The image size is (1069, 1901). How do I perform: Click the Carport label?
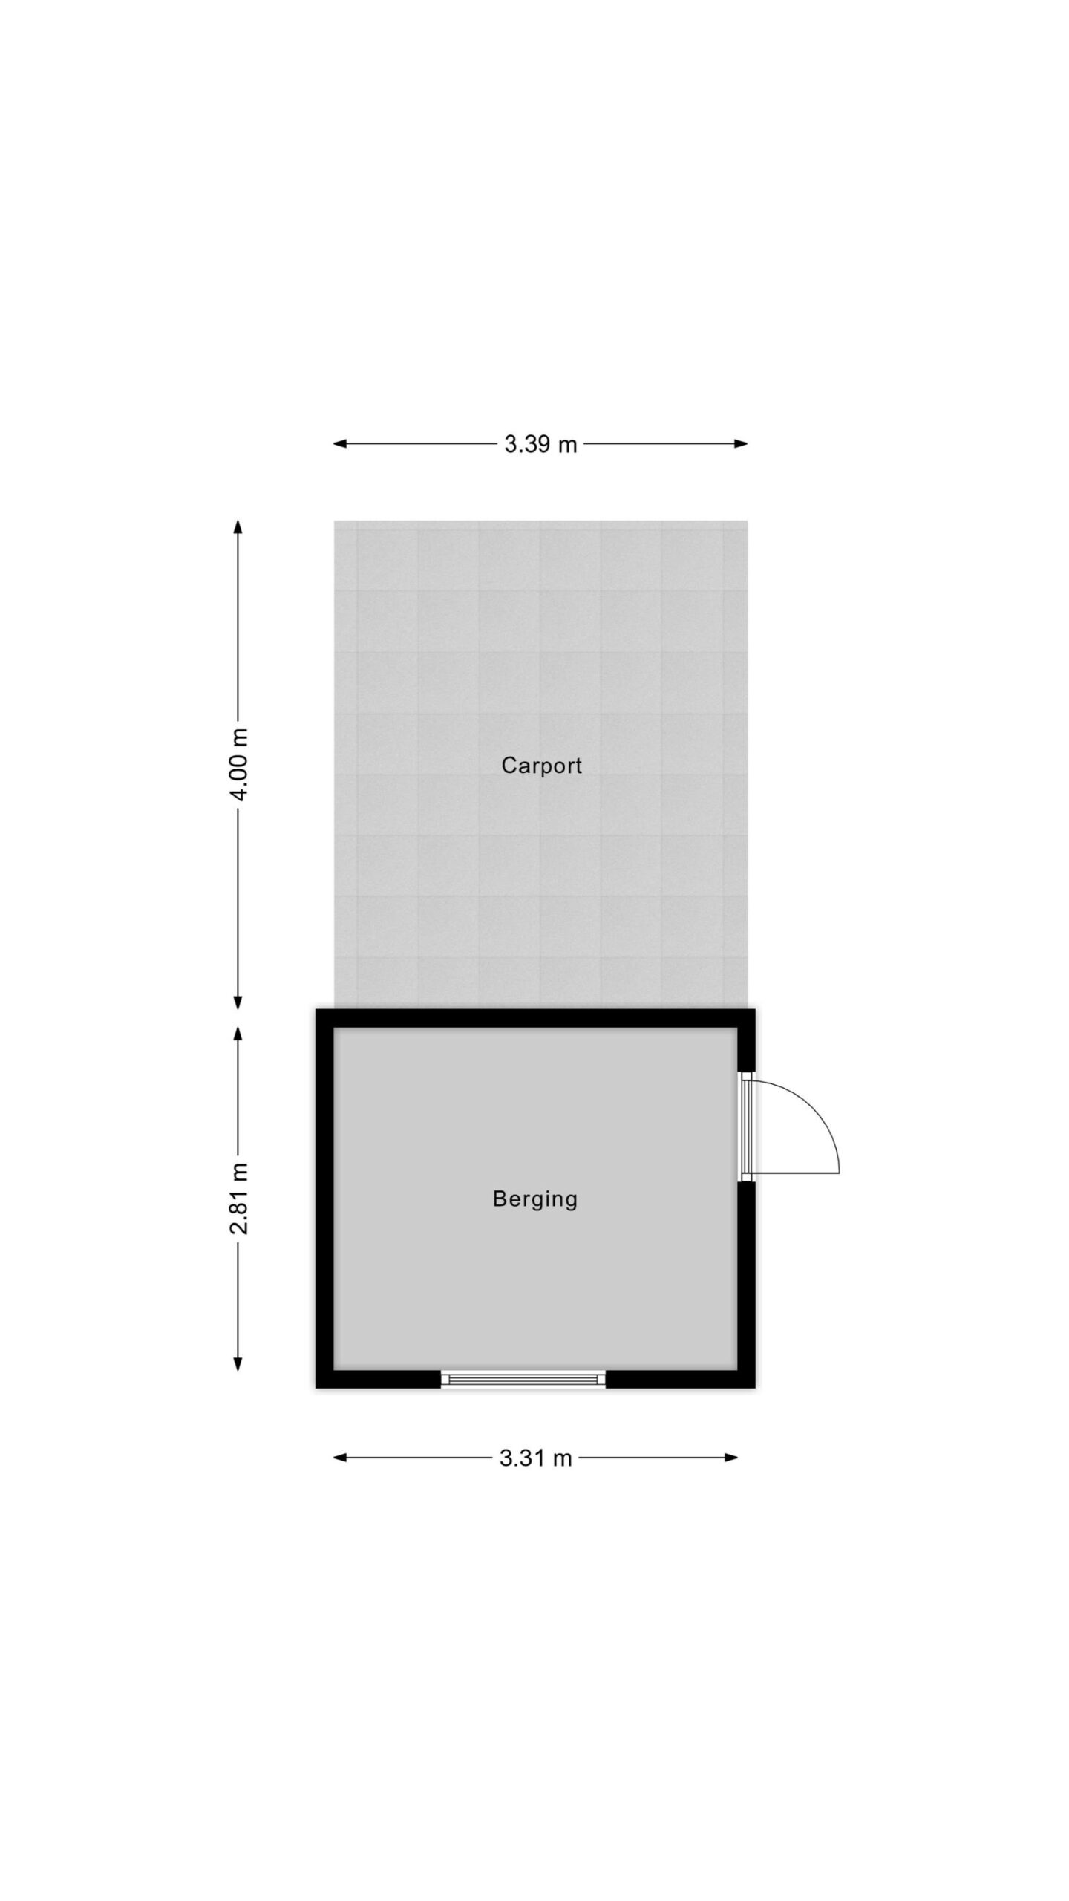click(541, 765)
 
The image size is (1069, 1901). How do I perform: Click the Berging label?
click(535, 1199)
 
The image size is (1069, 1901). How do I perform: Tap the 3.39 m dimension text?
click(540, 444)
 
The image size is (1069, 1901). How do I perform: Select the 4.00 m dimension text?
click(239, 764)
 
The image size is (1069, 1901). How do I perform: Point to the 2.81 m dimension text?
click(239, 1199)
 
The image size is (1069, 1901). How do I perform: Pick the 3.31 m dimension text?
click(535, 1458)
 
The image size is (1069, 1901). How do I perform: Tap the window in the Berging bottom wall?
click(523, 1379)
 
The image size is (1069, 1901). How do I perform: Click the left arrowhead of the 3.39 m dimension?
click(340, 444)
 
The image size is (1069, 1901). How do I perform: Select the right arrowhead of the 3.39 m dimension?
click(741, 444)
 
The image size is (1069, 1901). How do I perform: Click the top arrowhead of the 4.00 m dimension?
click(238, 528)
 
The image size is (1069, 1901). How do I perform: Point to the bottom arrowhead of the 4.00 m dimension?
click(238, 1002)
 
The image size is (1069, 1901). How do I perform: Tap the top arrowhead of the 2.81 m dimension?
click(238, 1035)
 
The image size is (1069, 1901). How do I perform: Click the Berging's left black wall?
click(324, 1199)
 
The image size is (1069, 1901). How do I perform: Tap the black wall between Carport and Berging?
click(535, 1019)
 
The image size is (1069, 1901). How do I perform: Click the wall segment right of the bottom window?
click(680, 1379)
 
